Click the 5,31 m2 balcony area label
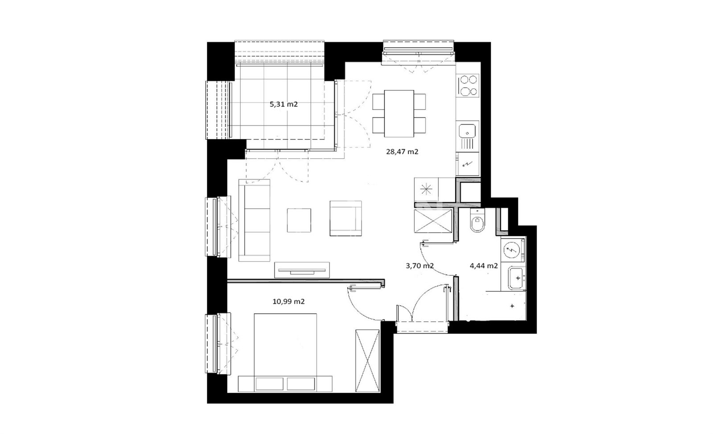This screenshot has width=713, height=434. click(x=284, y=104)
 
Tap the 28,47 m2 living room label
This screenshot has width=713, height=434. click(x=402, y=152)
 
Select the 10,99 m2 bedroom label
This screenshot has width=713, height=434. click(x=288, y=301)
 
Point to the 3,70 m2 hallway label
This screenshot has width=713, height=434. click(x=420, y=266)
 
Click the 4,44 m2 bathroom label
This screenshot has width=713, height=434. click(x=483, y=266)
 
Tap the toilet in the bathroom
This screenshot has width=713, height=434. click(x=477, y=221)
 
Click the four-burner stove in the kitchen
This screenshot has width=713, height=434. click(x=468, y=85)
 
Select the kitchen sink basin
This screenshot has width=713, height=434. click(x=467, y=131)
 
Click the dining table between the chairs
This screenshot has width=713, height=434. click(x=399, y=114)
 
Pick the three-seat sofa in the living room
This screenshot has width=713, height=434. click(x=254, y=220)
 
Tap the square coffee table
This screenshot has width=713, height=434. click(x=299, y=220)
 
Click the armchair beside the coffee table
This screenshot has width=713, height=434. click(x=346, y=218)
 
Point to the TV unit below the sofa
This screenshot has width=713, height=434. click(x=302, y=270)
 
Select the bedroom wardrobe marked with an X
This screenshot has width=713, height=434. click(x=367, y=361)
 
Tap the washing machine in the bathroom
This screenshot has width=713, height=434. click(x=512, y=250)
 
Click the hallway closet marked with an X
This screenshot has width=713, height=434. click(x=433, y=221)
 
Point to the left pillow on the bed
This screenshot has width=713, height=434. click(x=269, y=384)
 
